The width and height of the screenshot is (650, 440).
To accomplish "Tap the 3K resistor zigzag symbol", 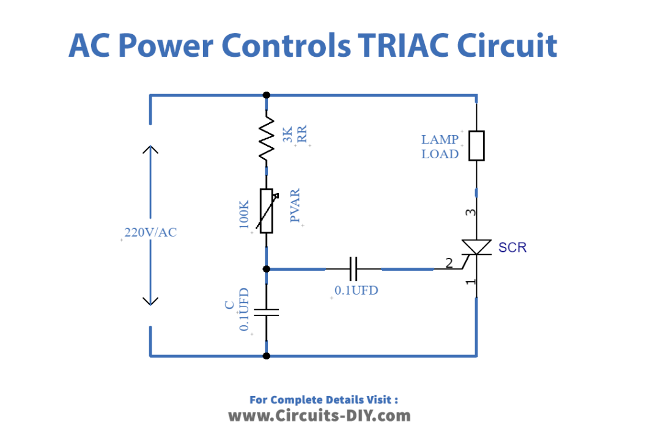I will coord(267,139).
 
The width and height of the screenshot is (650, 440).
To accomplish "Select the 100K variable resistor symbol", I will coord(267,211).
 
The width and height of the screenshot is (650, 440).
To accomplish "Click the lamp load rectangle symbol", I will coord(476,145).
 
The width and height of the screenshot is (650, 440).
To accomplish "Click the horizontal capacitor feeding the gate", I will coord(353,268).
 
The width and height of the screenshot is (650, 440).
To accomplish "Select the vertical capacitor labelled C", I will coord(267,312).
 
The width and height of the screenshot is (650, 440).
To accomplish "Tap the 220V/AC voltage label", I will coord(150,233).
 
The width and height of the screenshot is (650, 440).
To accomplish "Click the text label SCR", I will coord(512,248).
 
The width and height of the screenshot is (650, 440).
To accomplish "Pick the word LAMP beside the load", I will coord(440,140).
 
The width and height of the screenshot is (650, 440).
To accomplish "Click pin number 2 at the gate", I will coord(449,264).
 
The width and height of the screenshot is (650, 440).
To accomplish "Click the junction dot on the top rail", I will coord(267,95).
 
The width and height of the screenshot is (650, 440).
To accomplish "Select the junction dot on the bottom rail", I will coord(267,356).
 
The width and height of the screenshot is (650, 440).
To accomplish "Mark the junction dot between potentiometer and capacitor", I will coord(267,268).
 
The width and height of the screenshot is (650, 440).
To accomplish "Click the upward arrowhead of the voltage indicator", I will coord(150,150).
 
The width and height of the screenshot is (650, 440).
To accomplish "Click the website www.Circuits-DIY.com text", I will coord(319,416).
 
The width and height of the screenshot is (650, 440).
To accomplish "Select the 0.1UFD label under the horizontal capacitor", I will coord(356,290).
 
